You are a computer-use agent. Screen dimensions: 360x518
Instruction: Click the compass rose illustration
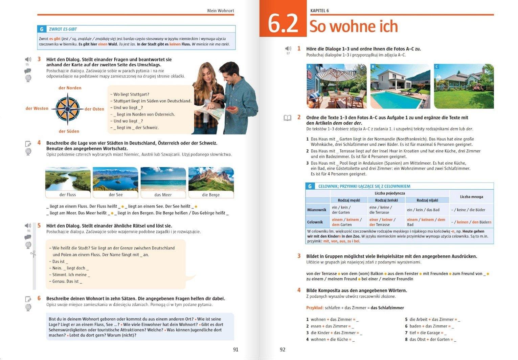[67, 109]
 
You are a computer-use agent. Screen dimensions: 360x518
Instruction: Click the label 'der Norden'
[70, 88]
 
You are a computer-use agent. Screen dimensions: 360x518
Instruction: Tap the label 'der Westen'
[37, 108]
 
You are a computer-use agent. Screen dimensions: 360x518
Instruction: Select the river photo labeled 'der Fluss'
[68, 179]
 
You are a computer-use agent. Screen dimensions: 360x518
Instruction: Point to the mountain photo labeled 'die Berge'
[211, 179]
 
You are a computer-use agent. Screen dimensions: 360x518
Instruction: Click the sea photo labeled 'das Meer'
[163, 179]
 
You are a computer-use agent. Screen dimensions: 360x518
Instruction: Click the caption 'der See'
[116, 195]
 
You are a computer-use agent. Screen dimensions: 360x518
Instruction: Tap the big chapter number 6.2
[283, 24]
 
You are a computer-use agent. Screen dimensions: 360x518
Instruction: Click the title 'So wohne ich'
[354, 26]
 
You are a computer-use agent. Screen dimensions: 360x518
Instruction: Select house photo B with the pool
[400, 86]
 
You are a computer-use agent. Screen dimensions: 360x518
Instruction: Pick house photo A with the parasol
[336, 86]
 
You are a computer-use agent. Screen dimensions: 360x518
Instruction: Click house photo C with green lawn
[464, 86]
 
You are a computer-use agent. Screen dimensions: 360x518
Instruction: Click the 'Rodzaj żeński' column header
[386, 200]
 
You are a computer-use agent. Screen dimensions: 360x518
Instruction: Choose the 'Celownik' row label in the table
[315, 222]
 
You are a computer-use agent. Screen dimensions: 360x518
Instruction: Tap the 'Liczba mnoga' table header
[471, 197]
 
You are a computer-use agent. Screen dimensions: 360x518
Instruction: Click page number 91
[236, 350]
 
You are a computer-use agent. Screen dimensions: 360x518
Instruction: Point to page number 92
[283, 350]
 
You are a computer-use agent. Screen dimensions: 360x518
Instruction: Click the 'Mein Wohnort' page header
[221, 10]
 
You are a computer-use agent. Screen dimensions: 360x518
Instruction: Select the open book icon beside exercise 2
[287, 118]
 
